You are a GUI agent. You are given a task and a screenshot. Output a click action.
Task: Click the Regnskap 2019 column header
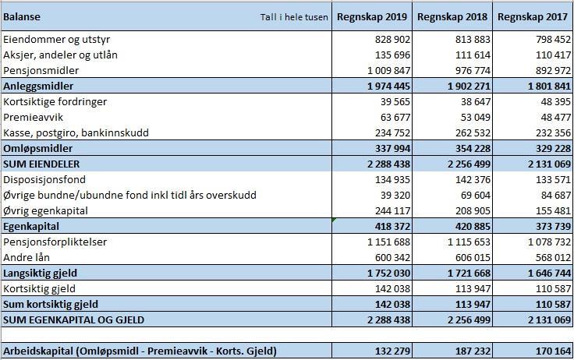(372, 17)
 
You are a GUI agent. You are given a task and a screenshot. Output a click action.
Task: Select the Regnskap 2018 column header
(452, 17)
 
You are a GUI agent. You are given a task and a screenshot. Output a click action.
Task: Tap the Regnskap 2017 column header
(533, 17)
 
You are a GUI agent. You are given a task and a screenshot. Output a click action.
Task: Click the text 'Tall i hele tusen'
(294, 17)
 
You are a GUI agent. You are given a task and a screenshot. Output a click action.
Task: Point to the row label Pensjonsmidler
(41, 70)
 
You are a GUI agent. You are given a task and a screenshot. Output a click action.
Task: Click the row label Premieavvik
(34, 117)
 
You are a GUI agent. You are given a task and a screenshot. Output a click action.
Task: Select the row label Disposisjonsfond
(44, 180)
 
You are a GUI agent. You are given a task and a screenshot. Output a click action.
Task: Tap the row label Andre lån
(27, 257)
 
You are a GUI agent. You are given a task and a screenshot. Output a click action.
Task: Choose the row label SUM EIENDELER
(41, 164)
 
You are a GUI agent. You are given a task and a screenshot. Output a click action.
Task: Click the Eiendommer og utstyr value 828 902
(392, 39)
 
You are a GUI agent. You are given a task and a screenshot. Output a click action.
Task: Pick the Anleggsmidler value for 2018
(469, 86)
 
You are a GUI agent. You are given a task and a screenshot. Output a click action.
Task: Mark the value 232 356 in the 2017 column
(553, 132)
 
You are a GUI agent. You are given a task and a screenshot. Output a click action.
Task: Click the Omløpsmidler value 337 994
(392, 148)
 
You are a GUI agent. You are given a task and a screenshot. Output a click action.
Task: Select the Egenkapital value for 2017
(553, 226)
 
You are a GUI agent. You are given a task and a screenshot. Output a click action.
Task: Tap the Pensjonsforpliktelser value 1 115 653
(469, 242)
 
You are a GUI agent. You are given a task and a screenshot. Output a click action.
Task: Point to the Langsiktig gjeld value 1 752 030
(388, 273)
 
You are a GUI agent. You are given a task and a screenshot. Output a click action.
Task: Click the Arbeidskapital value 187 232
(473, 351)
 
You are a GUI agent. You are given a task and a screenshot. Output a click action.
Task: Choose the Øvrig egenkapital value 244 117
(392, 210)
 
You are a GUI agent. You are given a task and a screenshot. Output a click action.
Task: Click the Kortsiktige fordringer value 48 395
(556, 101)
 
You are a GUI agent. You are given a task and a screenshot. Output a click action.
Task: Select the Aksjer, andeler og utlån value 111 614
(473, 55)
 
